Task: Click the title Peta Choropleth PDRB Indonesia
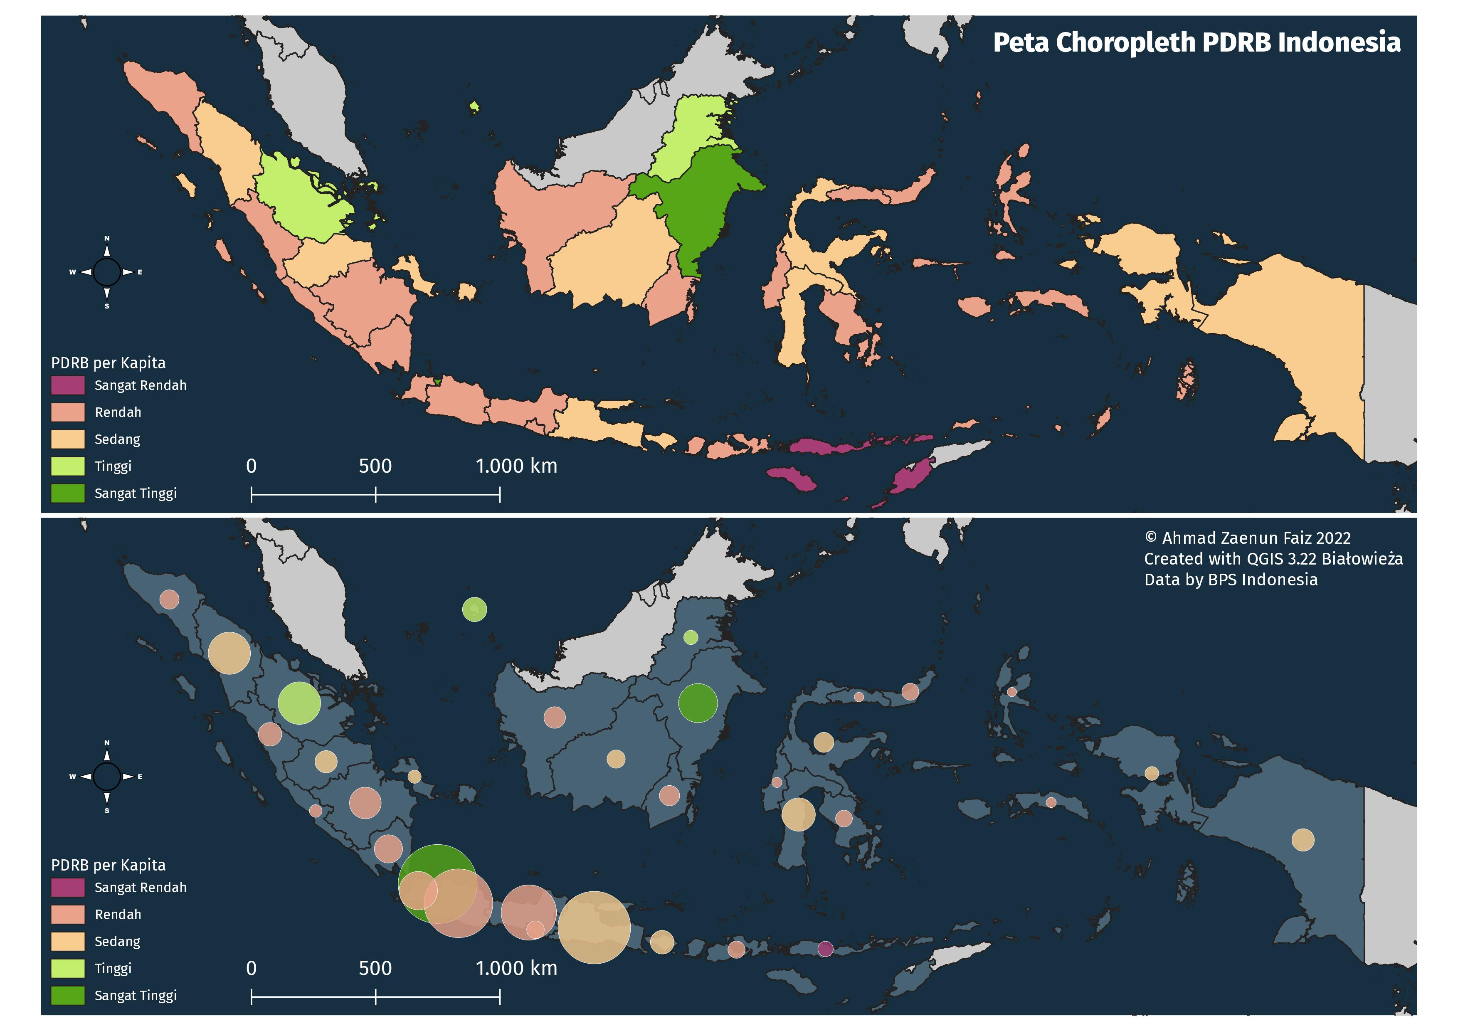point(1196,42)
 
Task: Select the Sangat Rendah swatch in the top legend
point(68,385)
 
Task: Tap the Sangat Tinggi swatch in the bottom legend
point(68,995)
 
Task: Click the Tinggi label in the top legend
point(113,466)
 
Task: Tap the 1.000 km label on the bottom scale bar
point(516,968)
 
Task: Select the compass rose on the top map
point(107,272)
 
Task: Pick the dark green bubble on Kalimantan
point(698,703)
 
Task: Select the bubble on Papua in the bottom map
point(1303,840)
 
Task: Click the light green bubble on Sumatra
point(299,703)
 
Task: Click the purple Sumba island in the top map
point(791,477)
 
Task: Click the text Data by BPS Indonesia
point(1230,580)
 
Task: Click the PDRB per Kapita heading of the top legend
point(108,363)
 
